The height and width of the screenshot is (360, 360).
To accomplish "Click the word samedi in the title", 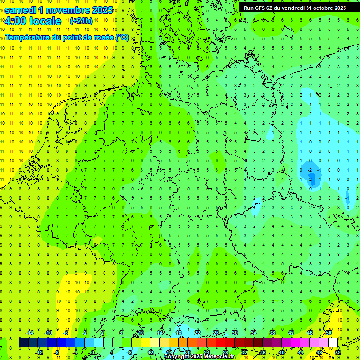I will click(x=22, y=10).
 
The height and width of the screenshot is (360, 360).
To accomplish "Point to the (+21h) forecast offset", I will click(x=81, y=21).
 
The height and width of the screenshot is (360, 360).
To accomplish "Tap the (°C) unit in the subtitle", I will click(x=122, y=37).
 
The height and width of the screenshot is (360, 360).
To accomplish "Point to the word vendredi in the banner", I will click(x=298, y=8).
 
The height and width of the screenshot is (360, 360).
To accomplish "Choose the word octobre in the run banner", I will click(x=326, y=8).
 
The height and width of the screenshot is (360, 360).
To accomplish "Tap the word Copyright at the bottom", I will click(x=177, y=357).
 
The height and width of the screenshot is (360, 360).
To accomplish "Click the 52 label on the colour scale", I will click(x=338, y=352).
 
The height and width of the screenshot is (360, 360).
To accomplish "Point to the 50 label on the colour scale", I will click(x=329, y=333).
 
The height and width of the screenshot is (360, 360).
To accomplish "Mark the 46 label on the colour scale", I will click(x=310, y=333).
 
